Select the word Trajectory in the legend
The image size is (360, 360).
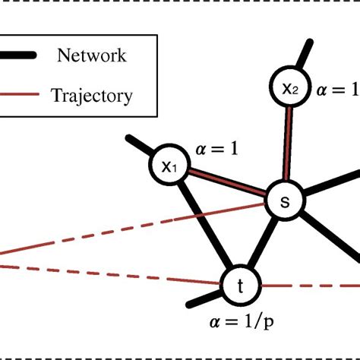coord(91,96)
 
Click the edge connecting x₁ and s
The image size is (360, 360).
coord(226,184)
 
